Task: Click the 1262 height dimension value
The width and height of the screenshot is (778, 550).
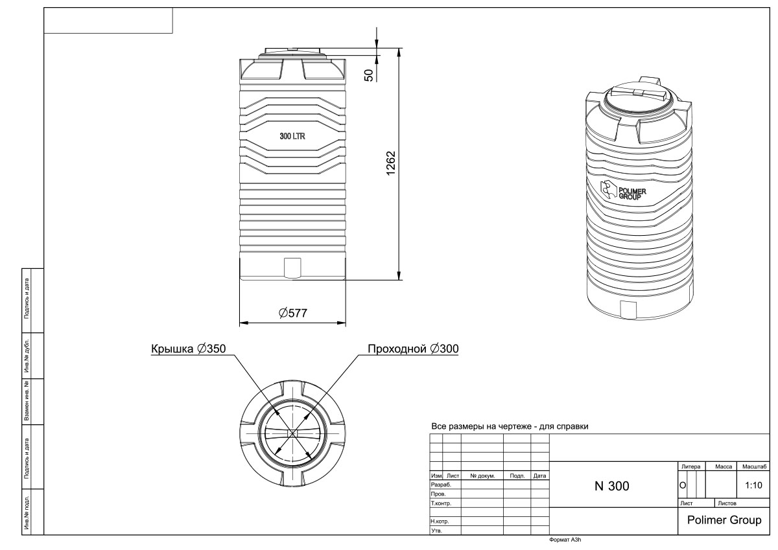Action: click(x=390, y=163)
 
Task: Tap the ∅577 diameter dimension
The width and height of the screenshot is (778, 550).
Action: click(x=292, y=313)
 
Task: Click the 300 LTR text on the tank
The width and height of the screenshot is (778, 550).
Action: click(x=292, y=137)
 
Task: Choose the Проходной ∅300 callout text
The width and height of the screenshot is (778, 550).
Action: click(x=414, y=349)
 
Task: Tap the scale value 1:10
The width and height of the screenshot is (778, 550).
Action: click(x=753, y=485)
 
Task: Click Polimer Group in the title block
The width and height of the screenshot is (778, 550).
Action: click(x=724, y=520)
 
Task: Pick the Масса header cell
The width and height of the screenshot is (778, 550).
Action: click(x=723, y=466)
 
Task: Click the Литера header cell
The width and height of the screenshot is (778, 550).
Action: click(x=690, y=466)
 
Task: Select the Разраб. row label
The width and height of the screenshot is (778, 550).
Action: click(x=440, y=484)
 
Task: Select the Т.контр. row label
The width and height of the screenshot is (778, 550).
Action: click(x=441, y=503)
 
